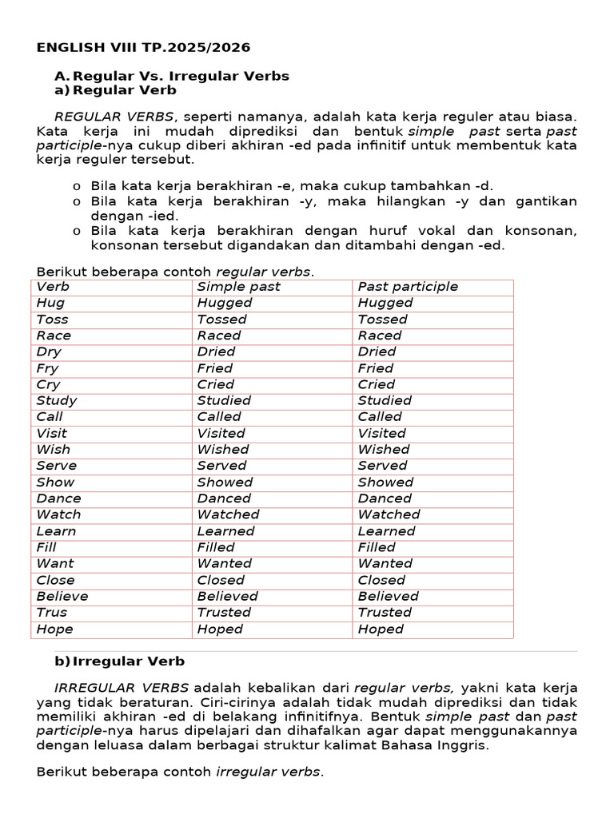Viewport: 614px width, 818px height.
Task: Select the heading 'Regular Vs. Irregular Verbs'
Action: click(x=181, y=76)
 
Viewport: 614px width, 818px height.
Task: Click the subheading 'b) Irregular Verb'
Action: click(x=119, y=661)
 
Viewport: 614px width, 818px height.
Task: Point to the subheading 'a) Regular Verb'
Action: click(x=115, y=91)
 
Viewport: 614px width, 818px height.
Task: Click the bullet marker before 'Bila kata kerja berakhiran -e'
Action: click(x=76, y=186)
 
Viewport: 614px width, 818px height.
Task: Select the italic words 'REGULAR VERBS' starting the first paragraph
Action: click(x=114, y=117)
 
